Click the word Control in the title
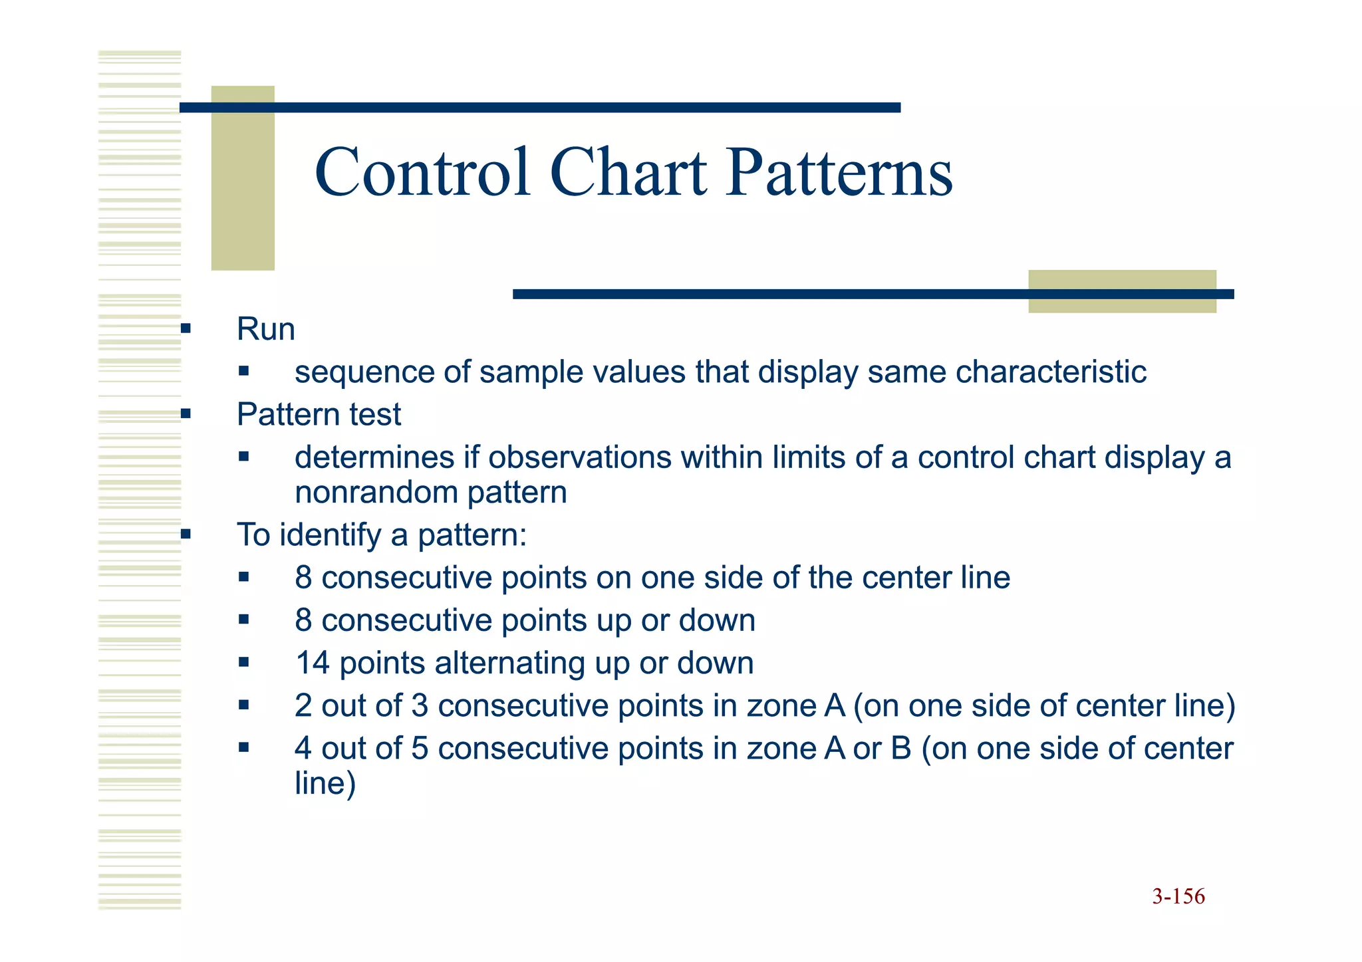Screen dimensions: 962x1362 [x=422, y=173]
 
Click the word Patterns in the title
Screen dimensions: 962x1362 [x=839, y=173]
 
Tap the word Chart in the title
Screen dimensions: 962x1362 [x=628, y=173]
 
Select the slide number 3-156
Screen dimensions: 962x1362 [x=1178, y=896]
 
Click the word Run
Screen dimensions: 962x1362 [x=265, y=329]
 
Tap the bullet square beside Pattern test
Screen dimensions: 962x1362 [x=186, y=414]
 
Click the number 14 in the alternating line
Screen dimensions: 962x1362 [x=313, y=663]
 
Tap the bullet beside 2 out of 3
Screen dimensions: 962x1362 [x=244, y=705]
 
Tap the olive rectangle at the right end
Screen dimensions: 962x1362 [x=1122, y=291]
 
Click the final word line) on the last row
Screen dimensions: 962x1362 [x=325, y=783]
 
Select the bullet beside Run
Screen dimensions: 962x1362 [x=186, y=328]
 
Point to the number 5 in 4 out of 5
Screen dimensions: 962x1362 [x=420, y=749]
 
